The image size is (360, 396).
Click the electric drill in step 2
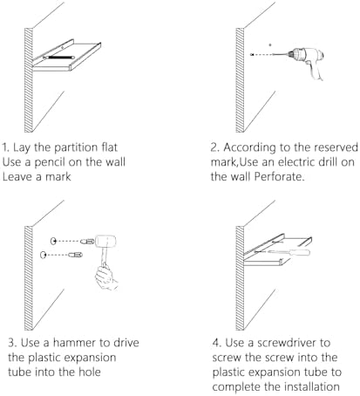pyautogui.click(x=305, y=59)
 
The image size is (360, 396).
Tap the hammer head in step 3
pyautogui.click(x=105, y=241)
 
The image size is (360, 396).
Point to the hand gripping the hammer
pyautogui.click(x=105, y=277)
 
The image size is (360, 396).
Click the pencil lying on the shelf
pyautogui.click(x=58, y=58)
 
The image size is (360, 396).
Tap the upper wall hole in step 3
pyautogui.click(x=53, y=241)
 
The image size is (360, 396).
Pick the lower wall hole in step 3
pyautogui.click(x=44, y=255)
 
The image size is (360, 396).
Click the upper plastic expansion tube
pyautogui.click(x=87, y=241)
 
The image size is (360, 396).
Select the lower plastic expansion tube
pyautogui.click(x=75, y=255)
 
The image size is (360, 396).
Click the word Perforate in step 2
pyautogui.click(x=280, y=176)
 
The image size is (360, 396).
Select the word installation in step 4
pyautogui.click(x=312, y=386)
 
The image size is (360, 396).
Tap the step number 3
pyautogui.click(x=11, y=343)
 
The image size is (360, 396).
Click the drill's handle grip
pyautogui.click(x=316, y=71)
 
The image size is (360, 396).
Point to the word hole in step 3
pyautogui.click(x=90, y=372)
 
